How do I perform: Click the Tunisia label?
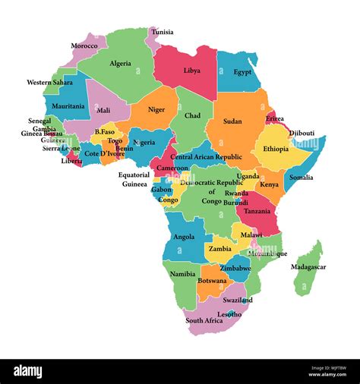point(163,32)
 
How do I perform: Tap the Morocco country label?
point(84,46)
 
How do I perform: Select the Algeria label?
point(120,64)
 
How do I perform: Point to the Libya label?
point(192,70)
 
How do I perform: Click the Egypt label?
point(242,72)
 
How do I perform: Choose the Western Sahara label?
point(49,82)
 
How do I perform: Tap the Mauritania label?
point(68,106)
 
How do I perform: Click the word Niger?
point(156,109)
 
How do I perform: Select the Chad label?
point(193,115)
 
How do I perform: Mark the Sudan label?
point(232,121)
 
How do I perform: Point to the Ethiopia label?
point(276,149)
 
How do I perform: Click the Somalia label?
point(300,177)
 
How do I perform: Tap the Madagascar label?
point(310,266)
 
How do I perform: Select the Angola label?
point(185,236)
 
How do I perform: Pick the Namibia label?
point(182,272)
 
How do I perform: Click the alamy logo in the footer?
point(39,370)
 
